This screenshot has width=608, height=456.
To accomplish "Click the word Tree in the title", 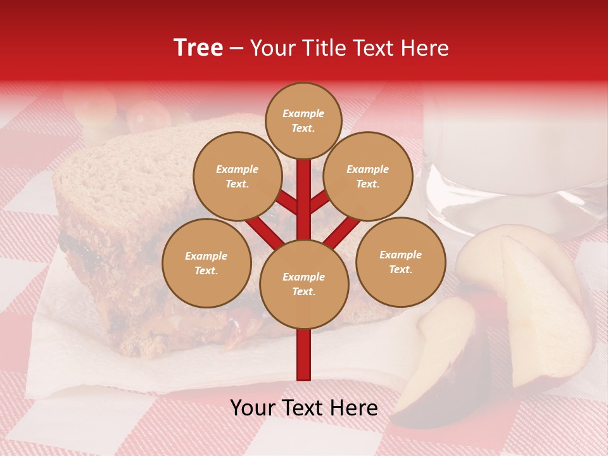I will tap(198, 48).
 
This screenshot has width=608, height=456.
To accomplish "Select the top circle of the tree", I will tap(303, 120).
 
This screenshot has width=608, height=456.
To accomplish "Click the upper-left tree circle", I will tap(237, 176).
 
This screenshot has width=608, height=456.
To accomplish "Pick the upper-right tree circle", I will tap(367, 176).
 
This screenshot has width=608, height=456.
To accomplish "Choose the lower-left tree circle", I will tap(206, 263).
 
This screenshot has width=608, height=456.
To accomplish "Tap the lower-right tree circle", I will tap(400, 262).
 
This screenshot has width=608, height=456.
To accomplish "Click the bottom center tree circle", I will tap(303, 284).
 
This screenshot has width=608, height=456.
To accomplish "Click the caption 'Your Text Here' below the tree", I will tap(303, 408).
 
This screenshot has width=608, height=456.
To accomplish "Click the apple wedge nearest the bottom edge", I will tap(437, 361).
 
